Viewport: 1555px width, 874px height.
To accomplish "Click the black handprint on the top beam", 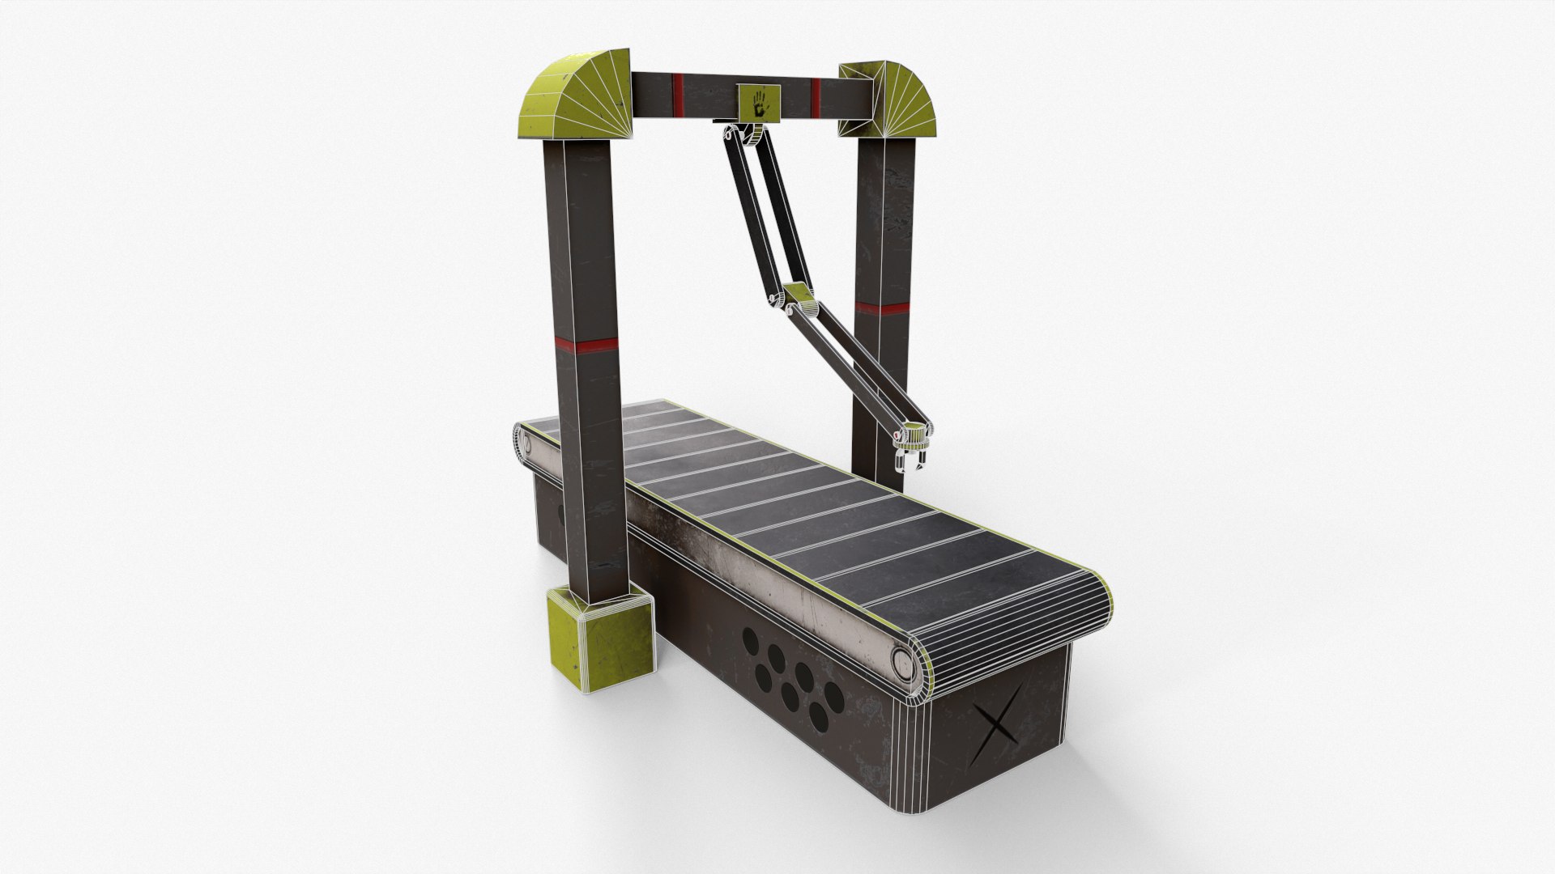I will pos(759,104).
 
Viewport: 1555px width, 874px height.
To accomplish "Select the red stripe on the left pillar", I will pos(586,346).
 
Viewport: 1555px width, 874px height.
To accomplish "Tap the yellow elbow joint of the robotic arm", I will pos(799,300).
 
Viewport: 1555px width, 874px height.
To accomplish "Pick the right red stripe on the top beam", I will pos(815,91).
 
